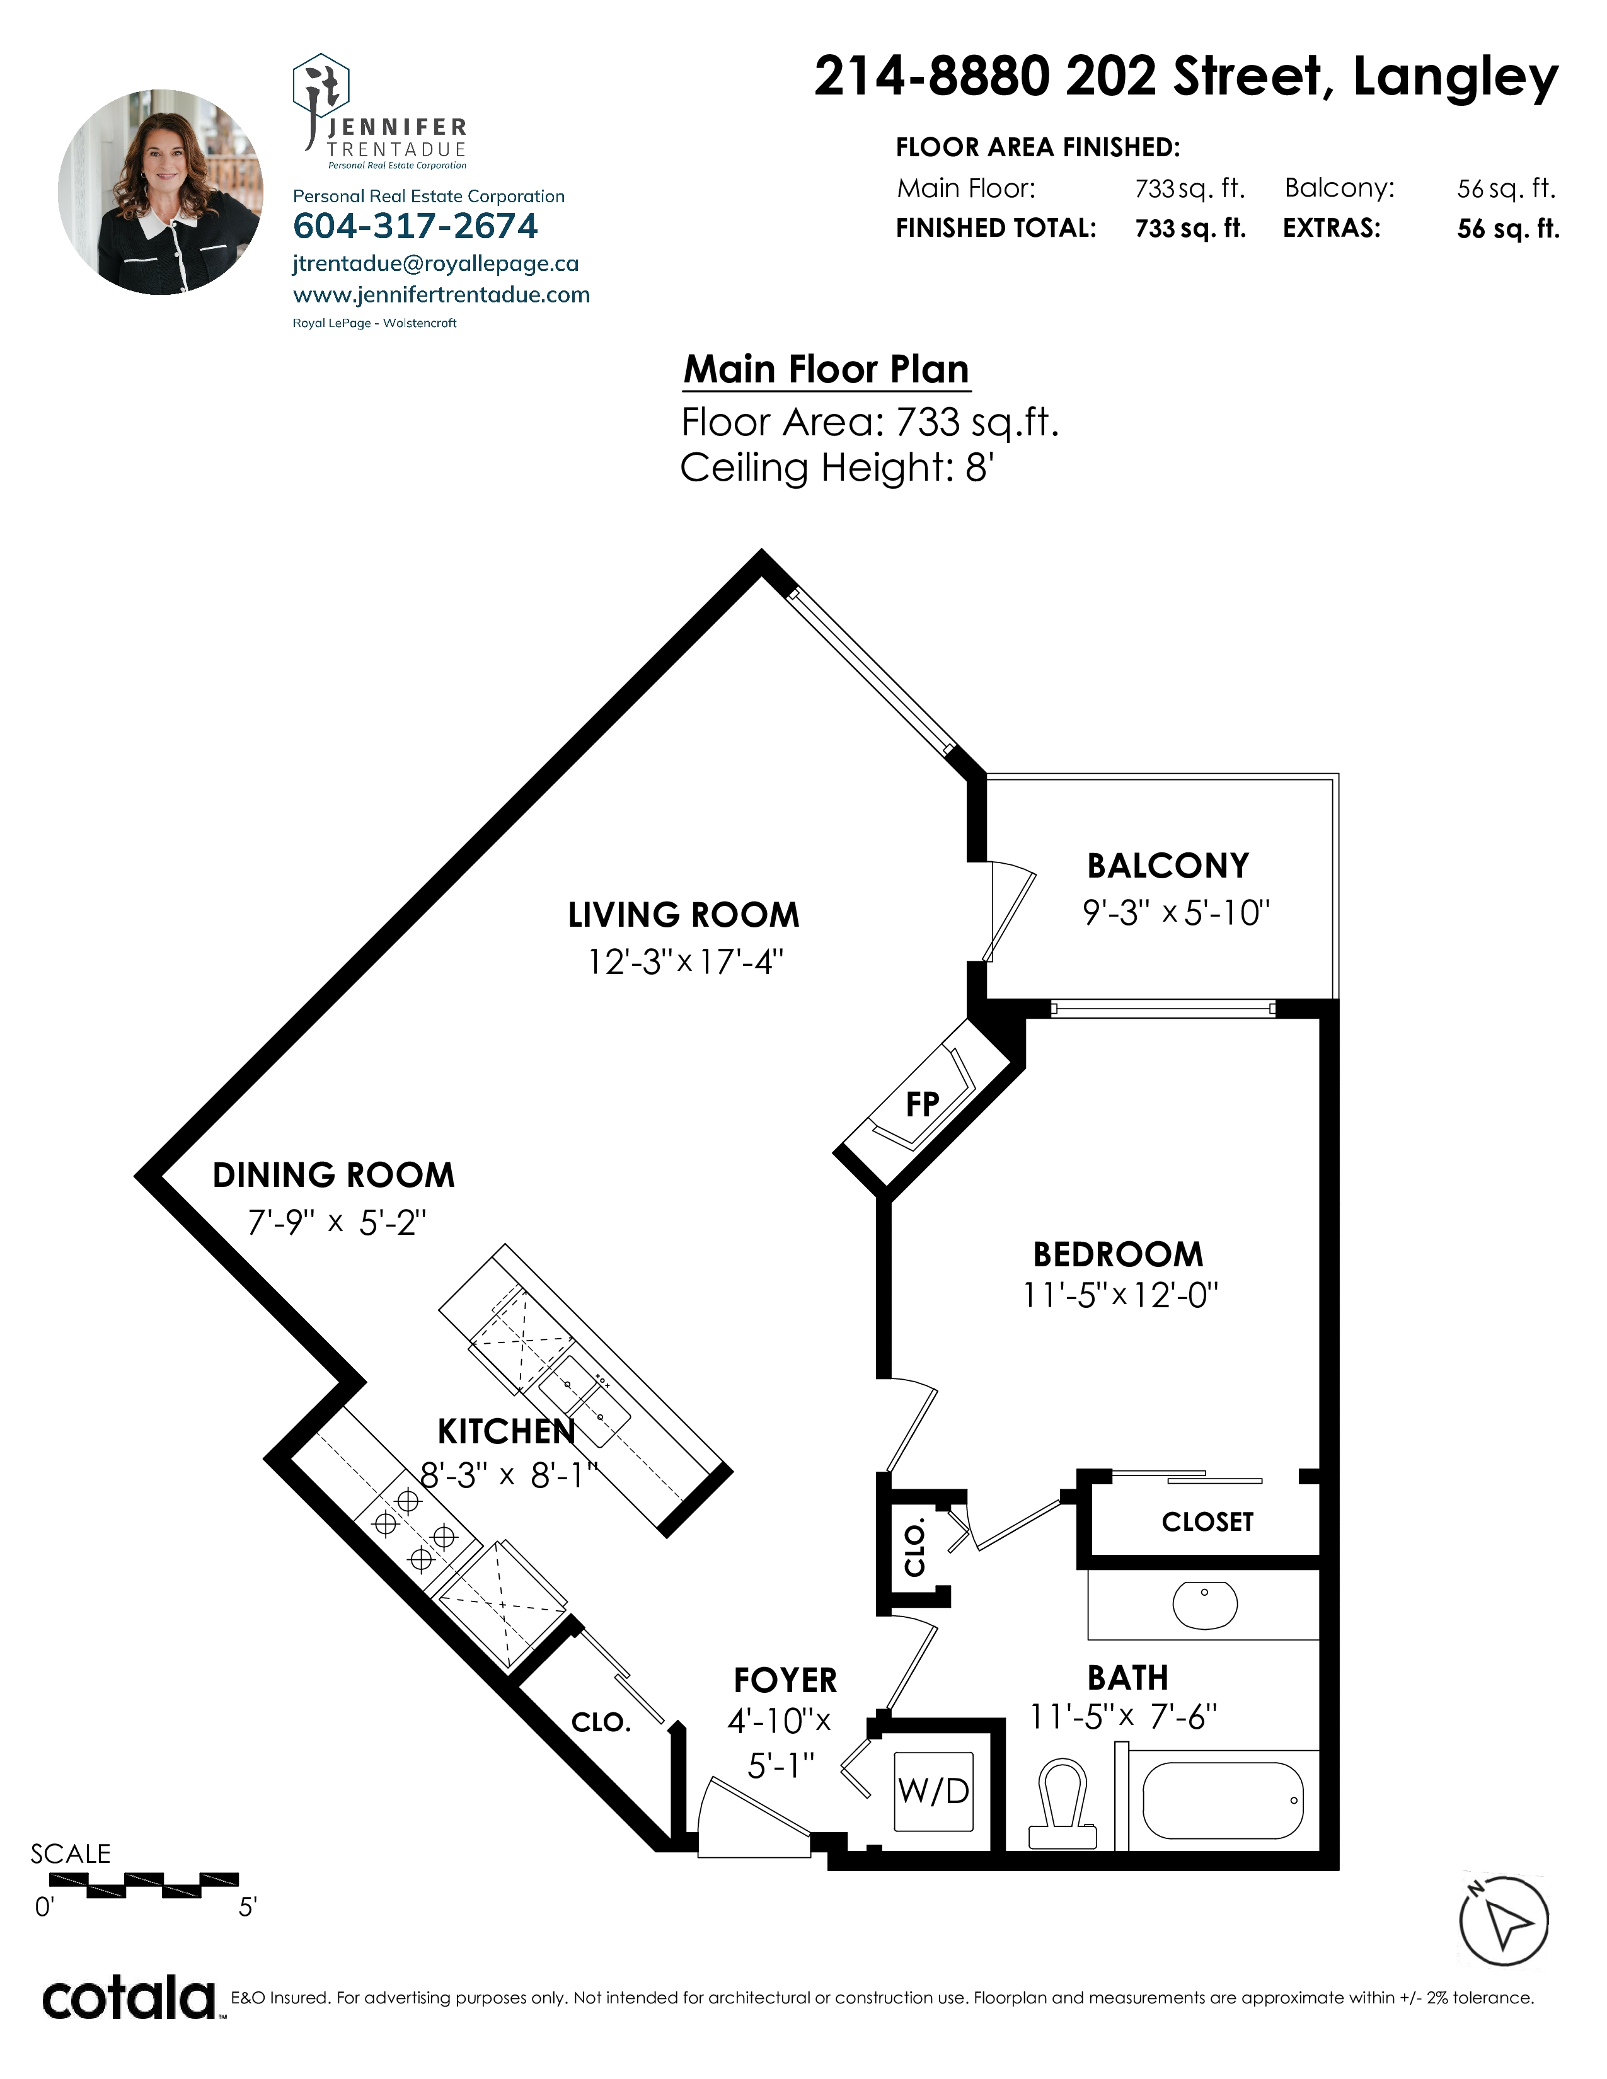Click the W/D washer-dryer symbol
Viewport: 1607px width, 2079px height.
coord(934,1792)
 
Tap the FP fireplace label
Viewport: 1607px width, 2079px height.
coord(923,1104)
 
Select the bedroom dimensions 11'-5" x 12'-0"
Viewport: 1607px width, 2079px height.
coord(1120,1295)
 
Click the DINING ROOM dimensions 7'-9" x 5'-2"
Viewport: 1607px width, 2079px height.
coord(337,1222)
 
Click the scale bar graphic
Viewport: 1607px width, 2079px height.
coord(144,1885)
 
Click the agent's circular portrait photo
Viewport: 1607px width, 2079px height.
coord(160,192)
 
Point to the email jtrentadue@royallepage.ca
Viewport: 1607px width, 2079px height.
coord(435,264)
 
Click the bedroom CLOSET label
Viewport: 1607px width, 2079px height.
coord(1207,1522)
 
